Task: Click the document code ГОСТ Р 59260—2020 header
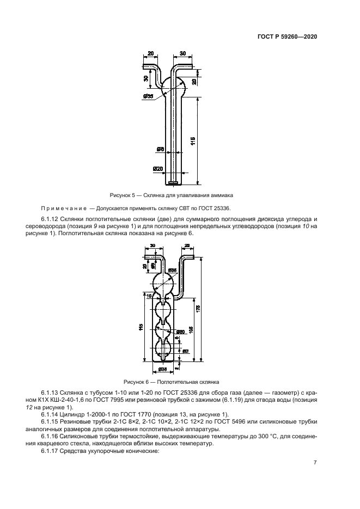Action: click(286, 38)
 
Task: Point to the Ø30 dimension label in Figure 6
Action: click(180, 332)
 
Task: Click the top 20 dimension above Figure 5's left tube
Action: click(150, 53)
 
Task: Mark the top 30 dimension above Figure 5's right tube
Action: click(182, 53)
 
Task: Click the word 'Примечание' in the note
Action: click(57, 209)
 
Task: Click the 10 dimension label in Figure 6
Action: click(148, 296)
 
